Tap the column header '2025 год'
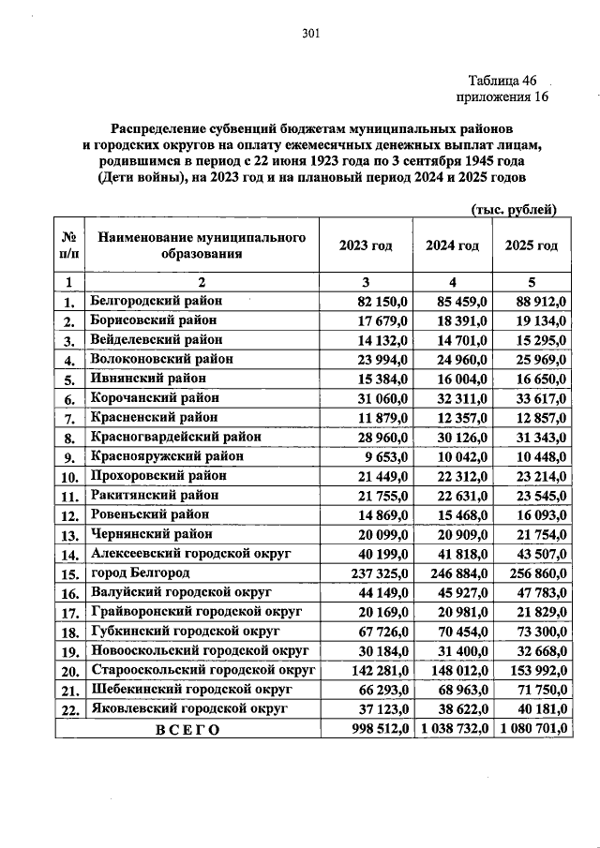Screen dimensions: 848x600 coord(531,245)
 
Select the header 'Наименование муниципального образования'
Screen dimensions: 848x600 coord(202,245)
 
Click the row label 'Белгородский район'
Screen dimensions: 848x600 coord(157,301)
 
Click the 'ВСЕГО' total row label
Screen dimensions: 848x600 coord(187,731)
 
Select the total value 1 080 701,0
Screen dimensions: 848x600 coord(532,731)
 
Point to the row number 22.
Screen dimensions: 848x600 coord(68,711)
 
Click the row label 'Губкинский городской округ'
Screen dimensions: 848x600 coord(184,632)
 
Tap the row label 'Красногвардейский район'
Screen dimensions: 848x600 coord(175,437)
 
